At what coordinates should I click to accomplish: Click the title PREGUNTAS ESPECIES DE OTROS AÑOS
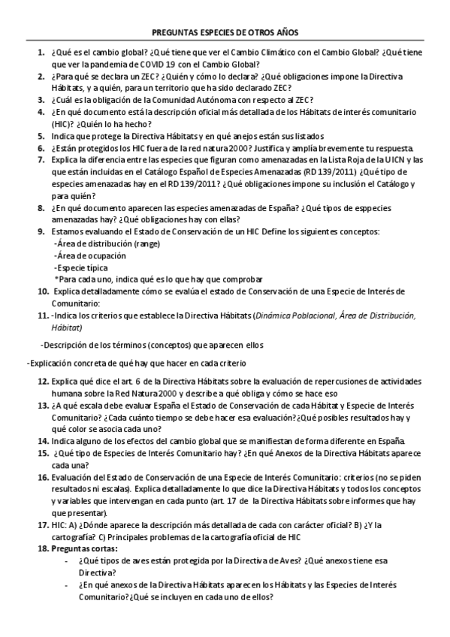coord(225,33)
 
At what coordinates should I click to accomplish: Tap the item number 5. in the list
coord(42,136)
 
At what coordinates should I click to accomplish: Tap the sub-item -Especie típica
coord(81,268)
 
